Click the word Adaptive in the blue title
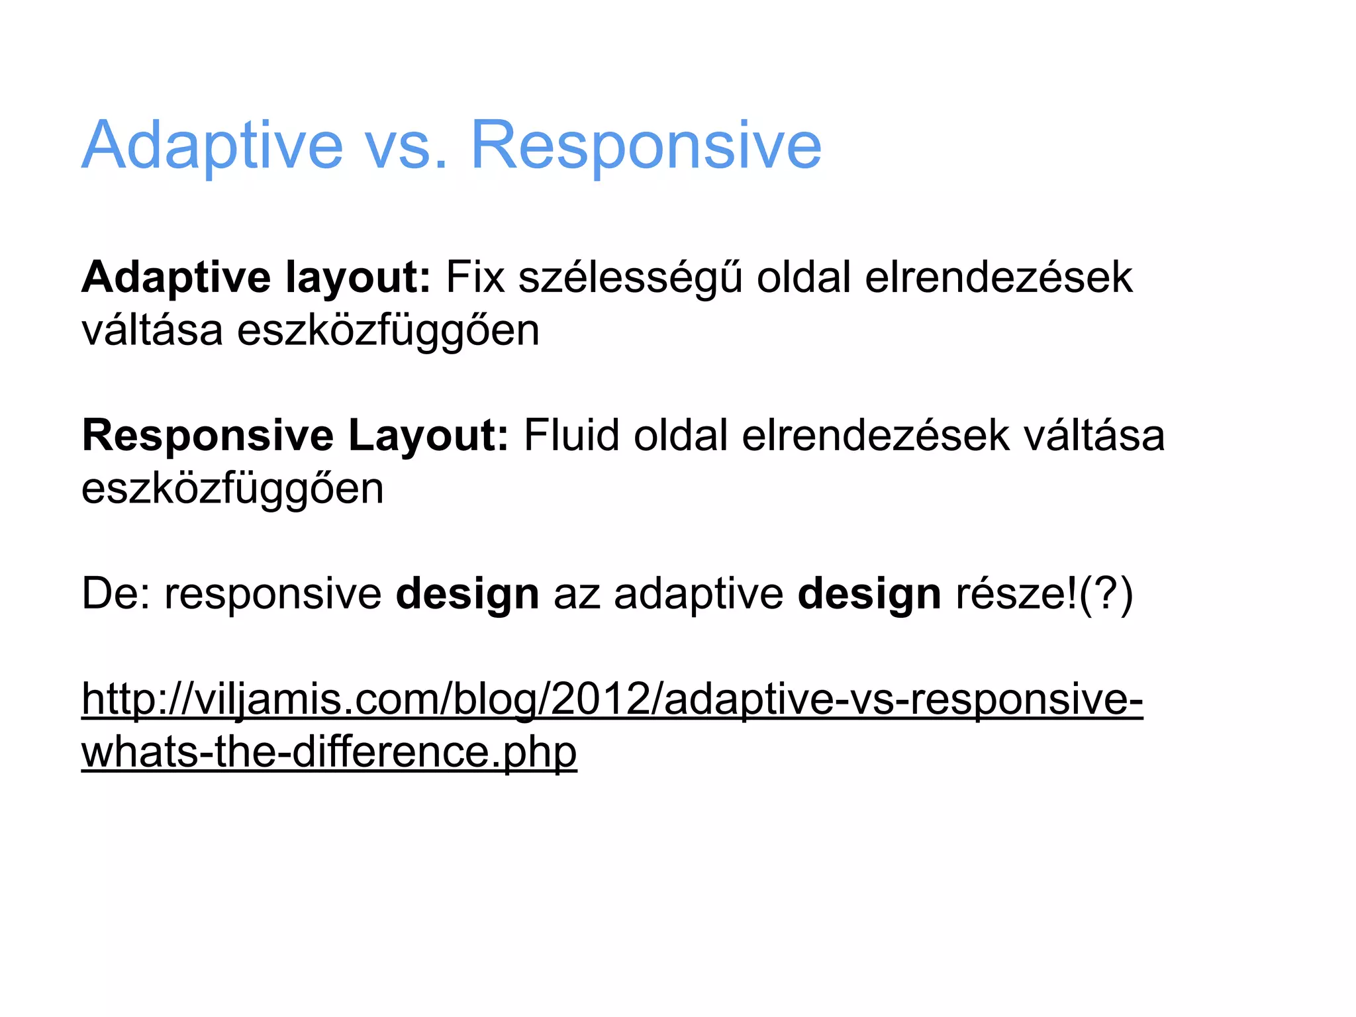pyautogui.click(x=213, y=146)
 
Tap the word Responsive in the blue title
pyautogui.click(x=646, y=146)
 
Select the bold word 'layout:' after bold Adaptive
pyautogui.click(x=358, y=277)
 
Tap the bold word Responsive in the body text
pyautogui.click(x=208, y=436)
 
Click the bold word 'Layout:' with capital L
pyautogui.click(x=428, y=436)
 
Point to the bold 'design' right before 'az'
pyautogui.click(x=467, y=594)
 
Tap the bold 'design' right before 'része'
pyautogui.click(x=869, y=594)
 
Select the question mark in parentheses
pyautogui.click(x=1106, y=594)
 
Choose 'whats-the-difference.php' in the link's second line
pyautogui.click(x=329, y=752)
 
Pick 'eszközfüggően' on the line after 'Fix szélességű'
pyautogui.click(x=388, y=330)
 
